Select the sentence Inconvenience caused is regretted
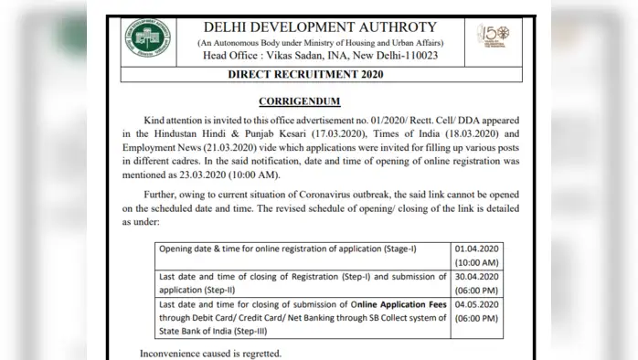point(210,354)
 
